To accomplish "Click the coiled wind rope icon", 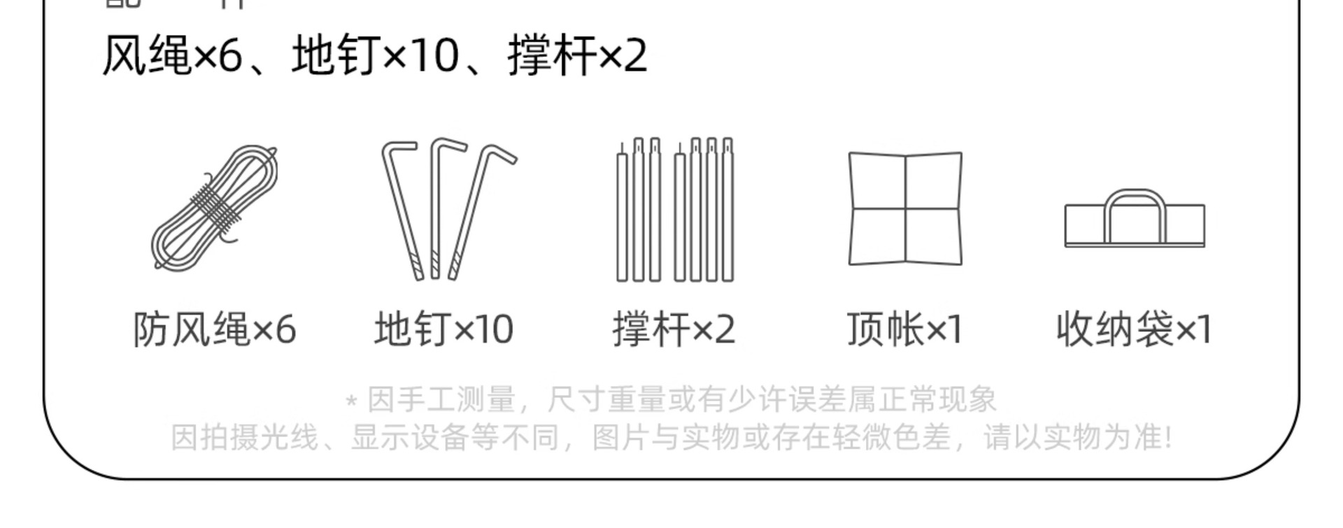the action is pyautogui.click(x=214, y=208).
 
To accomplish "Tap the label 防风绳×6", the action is pyautogui.click(x=215, y=329).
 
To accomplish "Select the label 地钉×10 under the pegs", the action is pyautogui.click(x=444, y=329).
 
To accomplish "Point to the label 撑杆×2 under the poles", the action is pyautogui.click(x=674, y=329).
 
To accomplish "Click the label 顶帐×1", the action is pyautogui.click(x=904, y=329).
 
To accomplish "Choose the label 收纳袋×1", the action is pyautogui.click(x=1133, y=329).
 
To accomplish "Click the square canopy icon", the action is pyautogui.click(x=905, y=208).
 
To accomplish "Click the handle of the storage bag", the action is pyautogui.click(x=1135, y=194).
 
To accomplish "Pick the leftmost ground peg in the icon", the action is pyautogui.click(x=402, y=210).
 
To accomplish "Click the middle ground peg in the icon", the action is pyautogui.click(x=435, y=210).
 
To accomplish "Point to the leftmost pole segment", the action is pyautogui.click(x=622, y=217).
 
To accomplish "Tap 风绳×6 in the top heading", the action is pyautogui.click(x=172, y=56).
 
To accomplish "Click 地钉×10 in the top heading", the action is pyautogui.click(x=375, y=56).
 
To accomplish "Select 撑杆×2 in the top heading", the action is pyautogui.click(x=578, y=56).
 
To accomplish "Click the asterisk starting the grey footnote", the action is pyautogui.click(x=351, y=401).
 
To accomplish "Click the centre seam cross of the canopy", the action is pyautogui.click(x=905, y=209).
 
